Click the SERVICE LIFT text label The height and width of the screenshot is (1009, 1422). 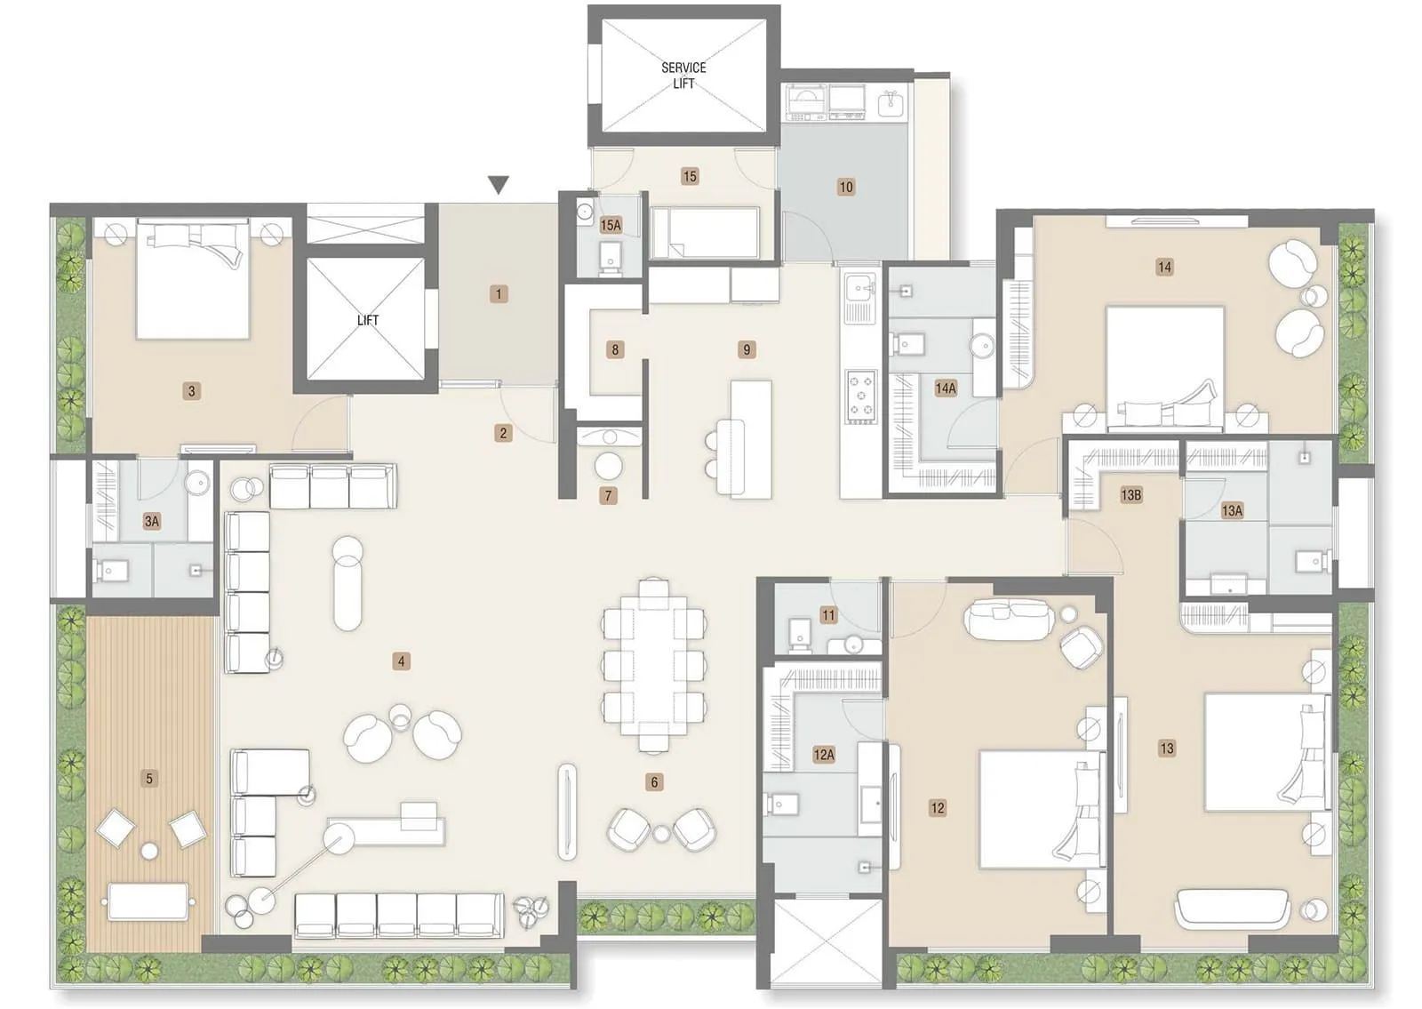click(683, 75)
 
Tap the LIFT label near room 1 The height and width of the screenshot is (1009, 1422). click(367, 320)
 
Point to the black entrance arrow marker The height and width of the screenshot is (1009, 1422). click(499, 185)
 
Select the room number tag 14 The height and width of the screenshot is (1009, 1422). click(1164, 267)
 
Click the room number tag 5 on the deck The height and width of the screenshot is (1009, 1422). click(149, 779)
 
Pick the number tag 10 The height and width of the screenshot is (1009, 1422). click(846, 187)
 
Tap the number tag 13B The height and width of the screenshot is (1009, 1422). click(1130, 495)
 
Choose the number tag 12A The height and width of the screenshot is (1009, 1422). click(824, 755)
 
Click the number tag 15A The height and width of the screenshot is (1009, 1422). click(611, 226)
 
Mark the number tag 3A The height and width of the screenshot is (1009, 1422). click(152, 521)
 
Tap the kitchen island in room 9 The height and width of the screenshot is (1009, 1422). click(751, 439)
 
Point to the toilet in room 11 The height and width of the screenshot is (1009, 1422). click(800, 632)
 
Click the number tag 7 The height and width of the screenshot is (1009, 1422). click(609, 496)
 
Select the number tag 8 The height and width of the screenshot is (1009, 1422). click(615, 349)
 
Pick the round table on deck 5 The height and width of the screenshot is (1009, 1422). click(149, 852)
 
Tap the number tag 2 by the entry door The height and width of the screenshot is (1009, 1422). click(503, 433)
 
